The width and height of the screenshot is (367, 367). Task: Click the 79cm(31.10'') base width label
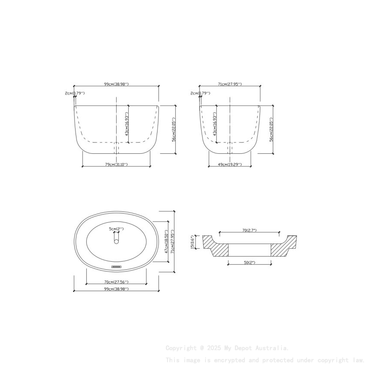point(116,165)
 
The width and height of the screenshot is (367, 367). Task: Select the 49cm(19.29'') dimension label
point(229,165)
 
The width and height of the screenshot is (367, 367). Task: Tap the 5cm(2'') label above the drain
point(116,228)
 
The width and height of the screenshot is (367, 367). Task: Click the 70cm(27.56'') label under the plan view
point(116,282)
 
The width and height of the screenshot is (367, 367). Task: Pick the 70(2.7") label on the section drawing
point(249,231)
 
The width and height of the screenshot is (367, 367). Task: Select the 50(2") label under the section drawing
point(249,262)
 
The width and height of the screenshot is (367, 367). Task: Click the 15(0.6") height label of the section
point(193,242)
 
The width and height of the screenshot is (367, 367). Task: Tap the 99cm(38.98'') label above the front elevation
point(116,84)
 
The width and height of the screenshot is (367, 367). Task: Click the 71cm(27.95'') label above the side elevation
point(229,84)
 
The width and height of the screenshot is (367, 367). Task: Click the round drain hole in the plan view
point(116,242)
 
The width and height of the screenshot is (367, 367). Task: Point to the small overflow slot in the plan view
point(116,267)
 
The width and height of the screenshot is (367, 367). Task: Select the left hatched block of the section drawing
point(216,248)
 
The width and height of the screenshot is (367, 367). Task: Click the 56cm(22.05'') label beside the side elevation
point(272,130)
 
